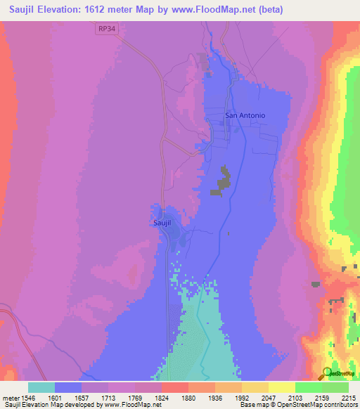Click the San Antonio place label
point(245,115)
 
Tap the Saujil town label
point(163,222)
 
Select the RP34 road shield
point(105,27)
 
